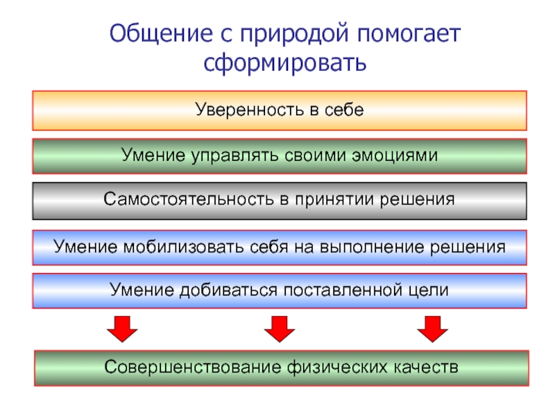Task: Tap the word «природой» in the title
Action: [x=295, y=35]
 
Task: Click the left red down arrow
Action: [x=122, y=328]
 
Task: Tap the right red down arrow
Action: [x=432, y=328]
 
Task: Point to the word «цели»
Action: [x=429, y=290]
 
